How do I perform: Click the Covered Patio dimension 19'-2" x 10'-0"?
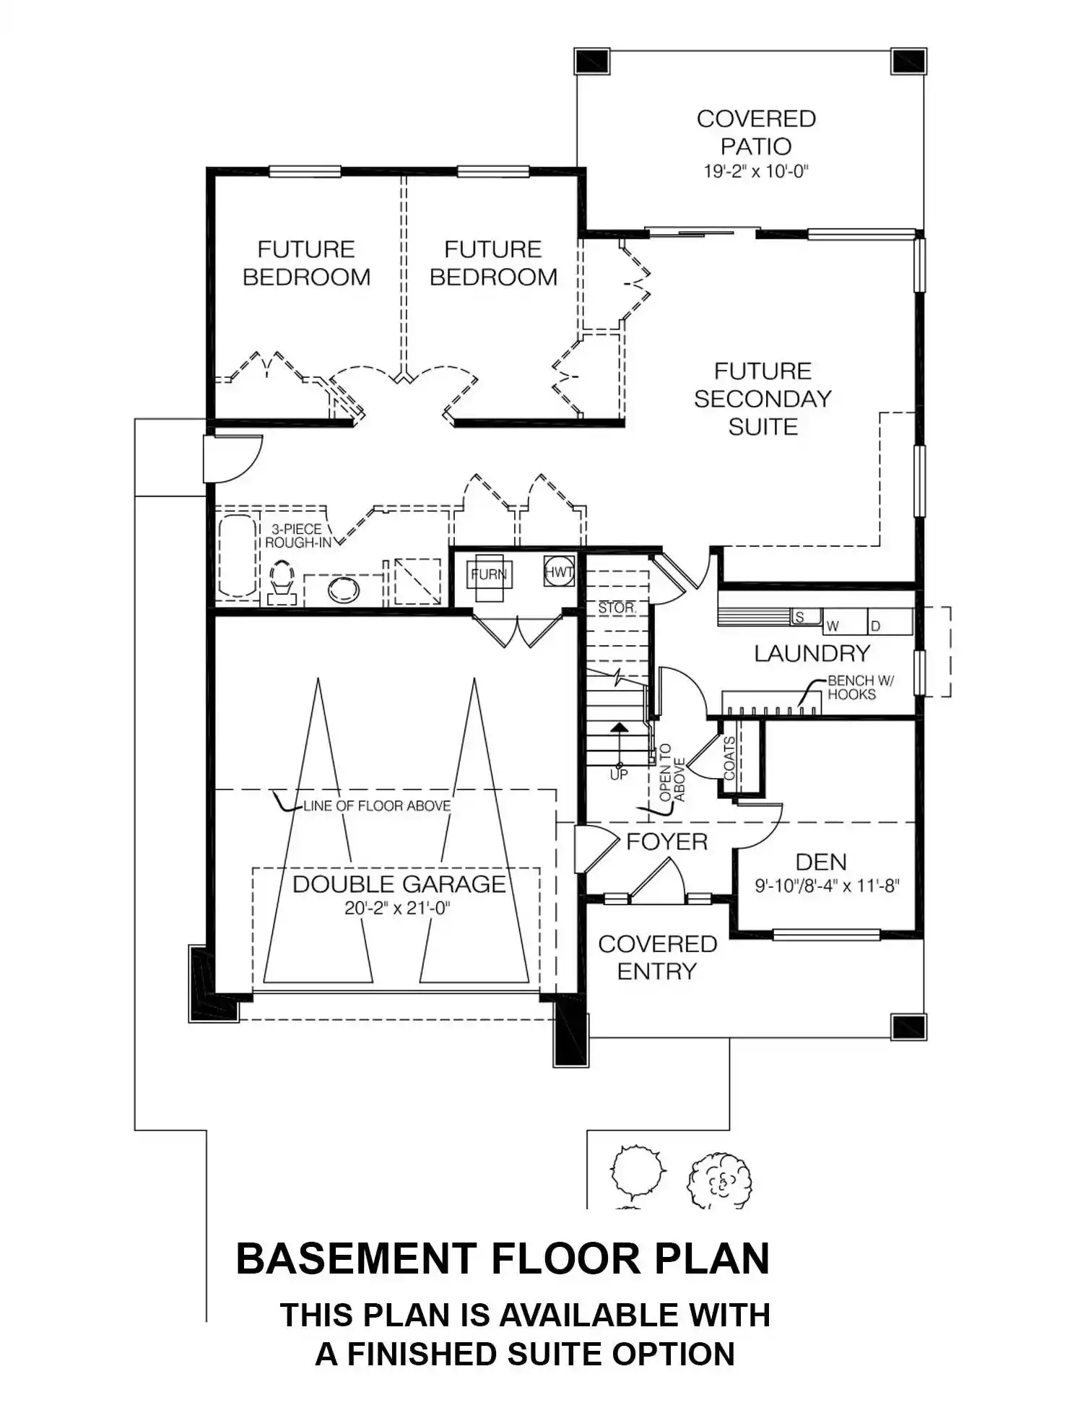[x=755, y=172]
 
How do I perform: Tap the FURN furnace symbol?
[x=490, y=576]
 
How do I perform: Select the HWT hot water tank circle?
[x=559, y=571]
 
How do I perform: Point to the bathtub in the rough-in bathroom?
[x=237, y=556]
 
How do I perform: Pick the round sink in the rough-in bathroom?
[x=344, y=590]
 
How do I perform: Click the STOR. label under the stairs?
[x=616, y=608]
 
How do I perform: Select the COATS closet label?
[x=729, y=759]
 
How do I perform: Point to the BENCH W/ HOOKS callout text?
[x=861, y=687]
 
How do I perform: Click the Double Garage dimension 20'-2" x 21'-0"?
[x=397, y=908]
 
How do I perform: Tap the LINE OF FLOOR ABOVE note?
[x=377, y=805]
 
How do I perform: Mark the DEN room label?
[x=821, y=862]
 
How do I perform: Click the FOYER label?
[x=666, y=842]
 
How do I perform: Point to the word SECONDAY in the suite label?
[x=763, y=399]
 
